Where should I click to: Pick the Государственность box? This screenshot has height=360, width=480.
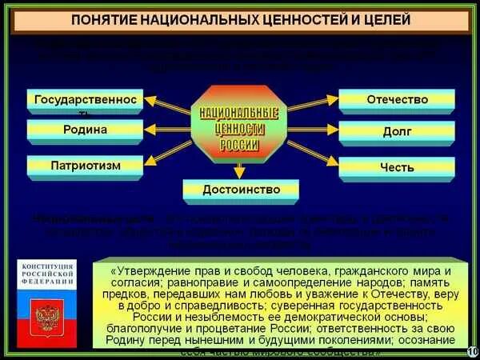point(86,101)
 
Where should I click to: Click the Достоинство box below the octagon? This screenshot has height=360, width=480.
point(242,190)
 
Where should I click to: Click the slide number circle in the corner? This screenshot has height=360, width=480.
point(471,350)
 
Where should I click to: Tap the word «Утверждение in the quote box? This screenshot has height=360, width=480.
point(156,270)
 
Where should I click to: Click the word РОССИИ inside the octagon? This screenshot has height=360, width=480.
point(240,145)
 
